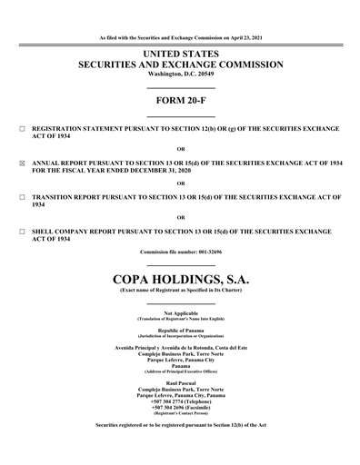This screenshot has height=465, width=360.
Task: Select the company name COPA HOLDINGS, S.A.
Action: [180, 277]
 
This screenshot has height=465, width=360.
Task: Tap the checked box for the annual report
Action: [21, 163]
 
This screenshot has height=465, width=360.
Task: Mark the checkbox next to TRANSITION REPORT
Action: [21, 197]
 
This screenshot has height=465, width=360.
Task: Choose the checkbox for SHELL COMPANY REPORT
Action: [21, 231]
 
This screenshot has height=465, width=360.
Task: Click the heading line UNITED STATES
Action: [180, 54]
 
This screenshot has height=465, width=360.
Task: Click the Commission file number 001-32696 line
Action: [180, 252]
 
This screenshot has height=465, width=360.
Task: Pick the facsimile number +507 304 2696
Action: [180, 408]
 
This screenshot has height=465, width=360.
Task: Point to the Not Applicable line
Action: [180, 313]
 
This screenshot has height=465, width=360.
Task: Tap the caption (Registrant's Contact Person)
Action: [180, 413]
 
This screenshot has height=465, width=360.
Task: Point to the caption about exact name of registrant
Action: [180, 289]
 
